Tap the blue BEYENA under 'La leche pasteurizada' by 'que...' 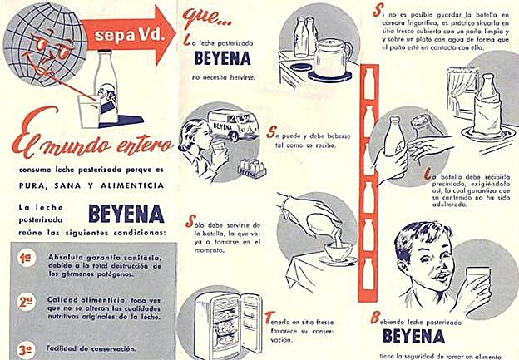220,62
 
